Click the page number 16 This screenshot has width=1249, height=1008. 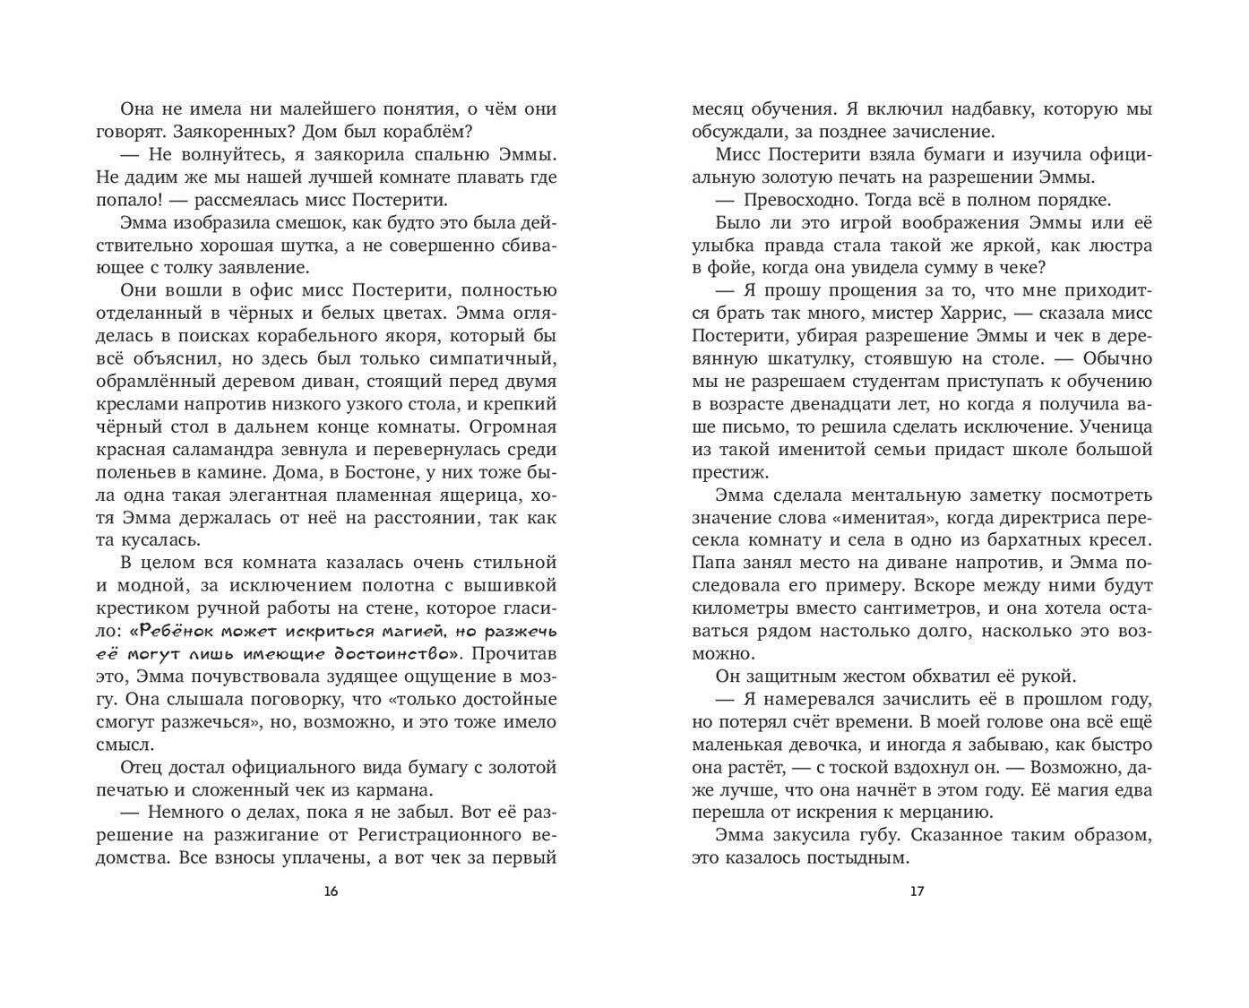331,891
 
